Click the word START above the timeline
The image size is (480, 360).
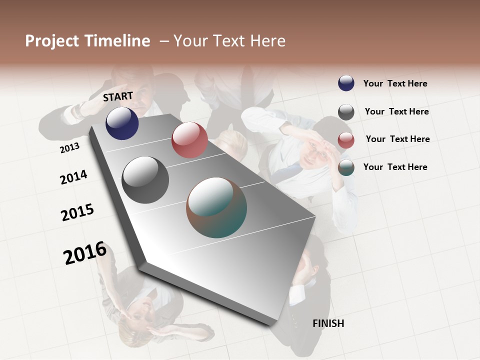(118, 96)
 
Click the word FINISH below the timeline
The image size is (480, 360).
(328, 323)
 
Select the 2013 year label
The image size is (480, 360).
(69, 148)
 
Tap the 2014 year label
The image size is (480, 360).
(73, 177)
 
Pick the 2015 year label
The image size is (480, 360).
(77, 212)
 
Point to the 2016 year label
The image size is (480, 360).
(85, 252)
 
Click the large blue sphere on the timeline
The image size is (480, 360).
(122, 123)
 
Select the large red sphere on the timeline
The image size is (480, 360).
(189, 140)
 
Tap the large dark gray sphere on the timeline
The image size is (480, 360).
(145, 180)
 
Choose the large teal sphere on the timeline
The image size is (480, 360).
(216, 207)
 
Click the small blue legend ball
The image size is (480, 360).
(346, 83)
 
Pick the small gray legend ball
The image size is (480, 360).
(346, 112)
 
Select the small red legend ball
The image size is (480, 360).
(346, 140)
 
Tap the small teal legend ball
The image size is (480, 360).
(346, 167)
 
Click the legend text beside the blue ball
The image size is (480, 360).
(395, 84)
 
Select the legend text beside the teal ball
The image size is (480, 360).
(395, 167)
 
